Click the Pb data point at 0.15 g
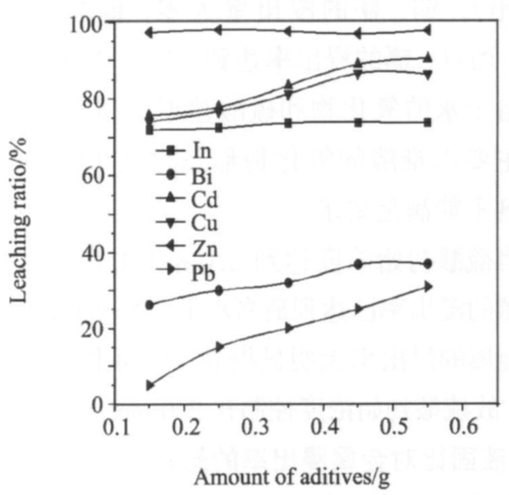click(x=149, y=385)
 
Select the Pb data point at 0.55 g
click(x=428, y=287)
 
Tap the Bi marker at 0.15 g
click(x=149, y=305)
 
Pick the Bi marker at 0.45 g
click(x=358, y=264)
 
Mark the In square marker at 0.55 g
click(x=428, y=123)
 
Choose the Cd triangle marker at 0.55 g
click(x=428, y=58)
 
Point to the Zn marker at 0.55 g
click(x=428, y=30)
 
